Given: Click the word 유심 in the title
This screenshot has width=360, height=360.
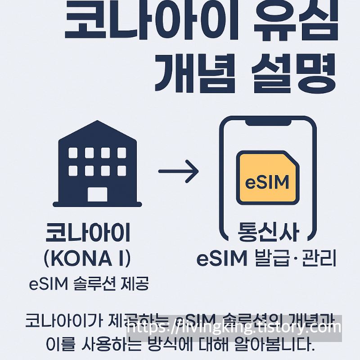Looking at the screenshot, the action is pos(293,21).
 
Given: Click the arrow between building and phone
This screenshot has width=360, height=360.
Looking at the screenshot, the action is pos(178,171).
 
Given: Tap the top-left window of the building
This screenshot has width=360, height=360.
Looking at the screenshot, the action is pos(73,153).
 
